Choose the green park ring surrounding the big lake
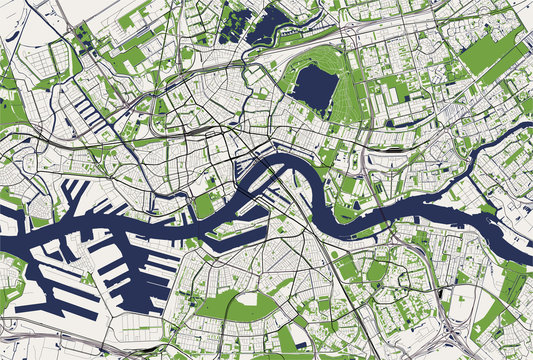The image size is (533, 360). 345,100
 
